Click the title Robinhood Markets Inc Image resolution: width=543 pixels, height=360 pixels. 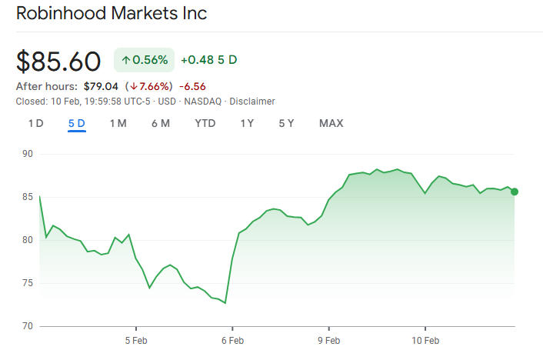click(111, 14)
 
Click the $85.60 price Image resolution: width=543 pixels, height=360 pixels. click(58, 61)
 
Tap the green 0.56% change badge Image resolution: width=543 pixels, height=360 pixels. click(145, 60)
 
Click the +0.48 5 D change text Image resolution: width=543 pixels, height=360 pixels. click(209, 60)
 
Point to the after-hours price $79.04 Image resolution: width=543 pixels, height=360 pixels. click(100, 86)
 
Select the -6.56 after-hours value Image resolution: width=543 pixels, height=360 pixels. click(192, 86)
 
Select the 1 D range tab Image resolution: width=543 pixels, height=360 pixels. click(35, 123)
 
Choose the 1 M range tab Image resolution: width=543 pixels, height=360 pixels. click(118, 123)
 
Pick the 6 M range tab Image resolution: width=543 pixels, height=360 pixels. click(160, 123)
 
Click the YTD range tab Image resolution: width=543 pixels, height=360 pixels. click(205, 123)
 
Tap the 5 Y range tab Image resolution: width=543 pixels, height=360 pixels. click(286, 123)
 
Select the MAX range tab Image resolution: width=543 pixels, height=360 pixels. click(331, 123)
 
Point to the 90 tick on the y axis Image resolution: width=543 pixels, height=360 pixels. click(28, 154)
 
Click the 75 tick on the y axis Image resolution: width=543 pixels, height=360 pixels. click(28, 283)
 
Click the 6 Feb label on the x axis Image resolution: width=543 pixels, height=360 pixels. click(232, 339)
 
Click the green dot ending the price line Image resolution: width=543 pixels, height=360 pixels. click(515, 192)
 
